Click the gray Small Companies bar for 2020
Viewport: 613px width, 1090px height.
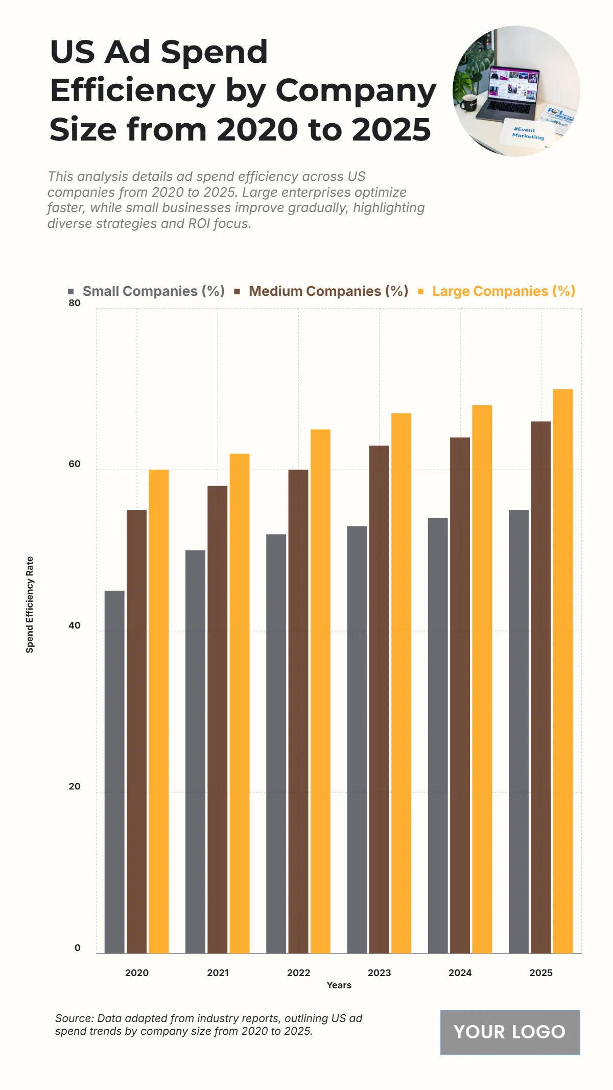tap(114, 772)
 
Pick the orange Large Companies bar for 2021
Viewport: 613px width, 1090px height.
tap(240, 703)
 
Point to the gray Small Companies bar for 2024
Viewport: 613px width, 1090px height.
tap(438, 735)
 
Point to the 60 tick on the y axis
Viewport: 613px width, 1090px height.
tap(75, 464)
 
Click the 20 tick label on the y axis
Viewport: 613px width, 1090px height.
tap(75, 786)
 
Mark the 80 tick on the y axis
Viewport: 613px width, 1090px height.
tap(75, 303)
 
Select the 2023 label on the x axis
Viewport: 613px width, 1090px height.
tap(379, 973)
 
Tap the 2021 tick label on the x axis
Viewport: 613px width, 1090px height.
tap(218, 973)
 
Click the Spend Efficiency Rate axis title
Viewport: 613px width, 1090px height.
tap(30, 605)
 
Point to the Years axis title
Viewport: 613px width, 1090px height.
tap(339, 985)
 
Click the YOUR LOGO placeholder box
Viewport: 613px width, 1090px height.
tap(510, 1032)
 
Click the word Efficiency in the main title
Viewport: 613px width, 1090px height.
tap(133, 90)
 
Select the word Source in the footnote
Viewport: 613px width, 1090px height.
tap(74, 1018)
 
